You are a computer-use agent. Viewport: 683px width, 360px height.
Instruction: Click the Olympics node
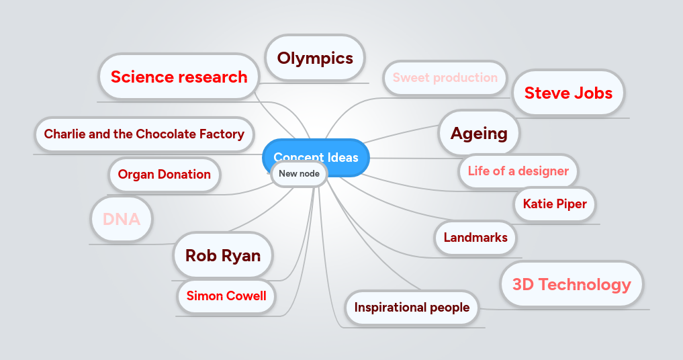[x=315, y=58]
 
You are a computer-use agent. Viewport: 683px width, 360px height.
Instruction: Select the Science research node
[x=179, y=77]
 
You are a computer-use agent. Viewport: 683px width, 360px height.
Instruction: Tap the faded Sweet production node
[x=445, y=77]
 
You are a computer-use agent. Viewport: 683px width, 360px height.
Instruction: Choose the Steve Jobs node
[x=568, y=93]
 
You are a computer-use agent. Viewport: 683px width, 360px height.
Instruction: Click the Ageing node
[x=479, y=133]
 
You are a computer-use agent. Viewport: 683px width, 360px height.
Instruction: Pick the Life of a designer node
[x=518, y=171]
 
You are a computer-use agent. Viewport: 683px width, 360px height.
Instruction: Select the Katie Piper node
[x=555, y=204]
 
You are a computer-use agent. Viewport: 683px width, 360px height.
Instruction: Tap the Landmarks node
[x=475, y=237]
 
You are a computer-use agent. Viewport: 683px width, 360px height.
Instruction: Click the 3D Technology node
[x=572, y=284]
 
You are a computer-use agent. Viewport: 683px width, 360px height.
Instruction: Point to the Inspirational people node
[x=412, y=308]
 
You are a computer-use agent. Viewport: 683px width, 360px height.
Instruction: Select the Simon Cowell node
[x=226, y=296]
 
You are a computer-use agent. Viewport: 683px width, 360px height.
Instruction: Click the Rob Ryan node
[x=222, y=255]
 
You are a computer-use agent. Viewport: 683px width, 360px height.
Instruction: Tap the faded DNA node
[x=122, y=219]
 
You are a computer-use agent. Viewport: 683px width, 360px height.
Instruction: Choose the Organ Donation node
[x=164, y=175]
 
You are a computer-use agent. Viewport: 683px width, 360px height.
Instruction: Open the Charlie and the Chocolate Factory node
[x=144, y=134]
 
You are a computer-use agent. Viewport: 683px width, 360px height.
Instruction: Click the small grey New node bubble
[x=299, y=173]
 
